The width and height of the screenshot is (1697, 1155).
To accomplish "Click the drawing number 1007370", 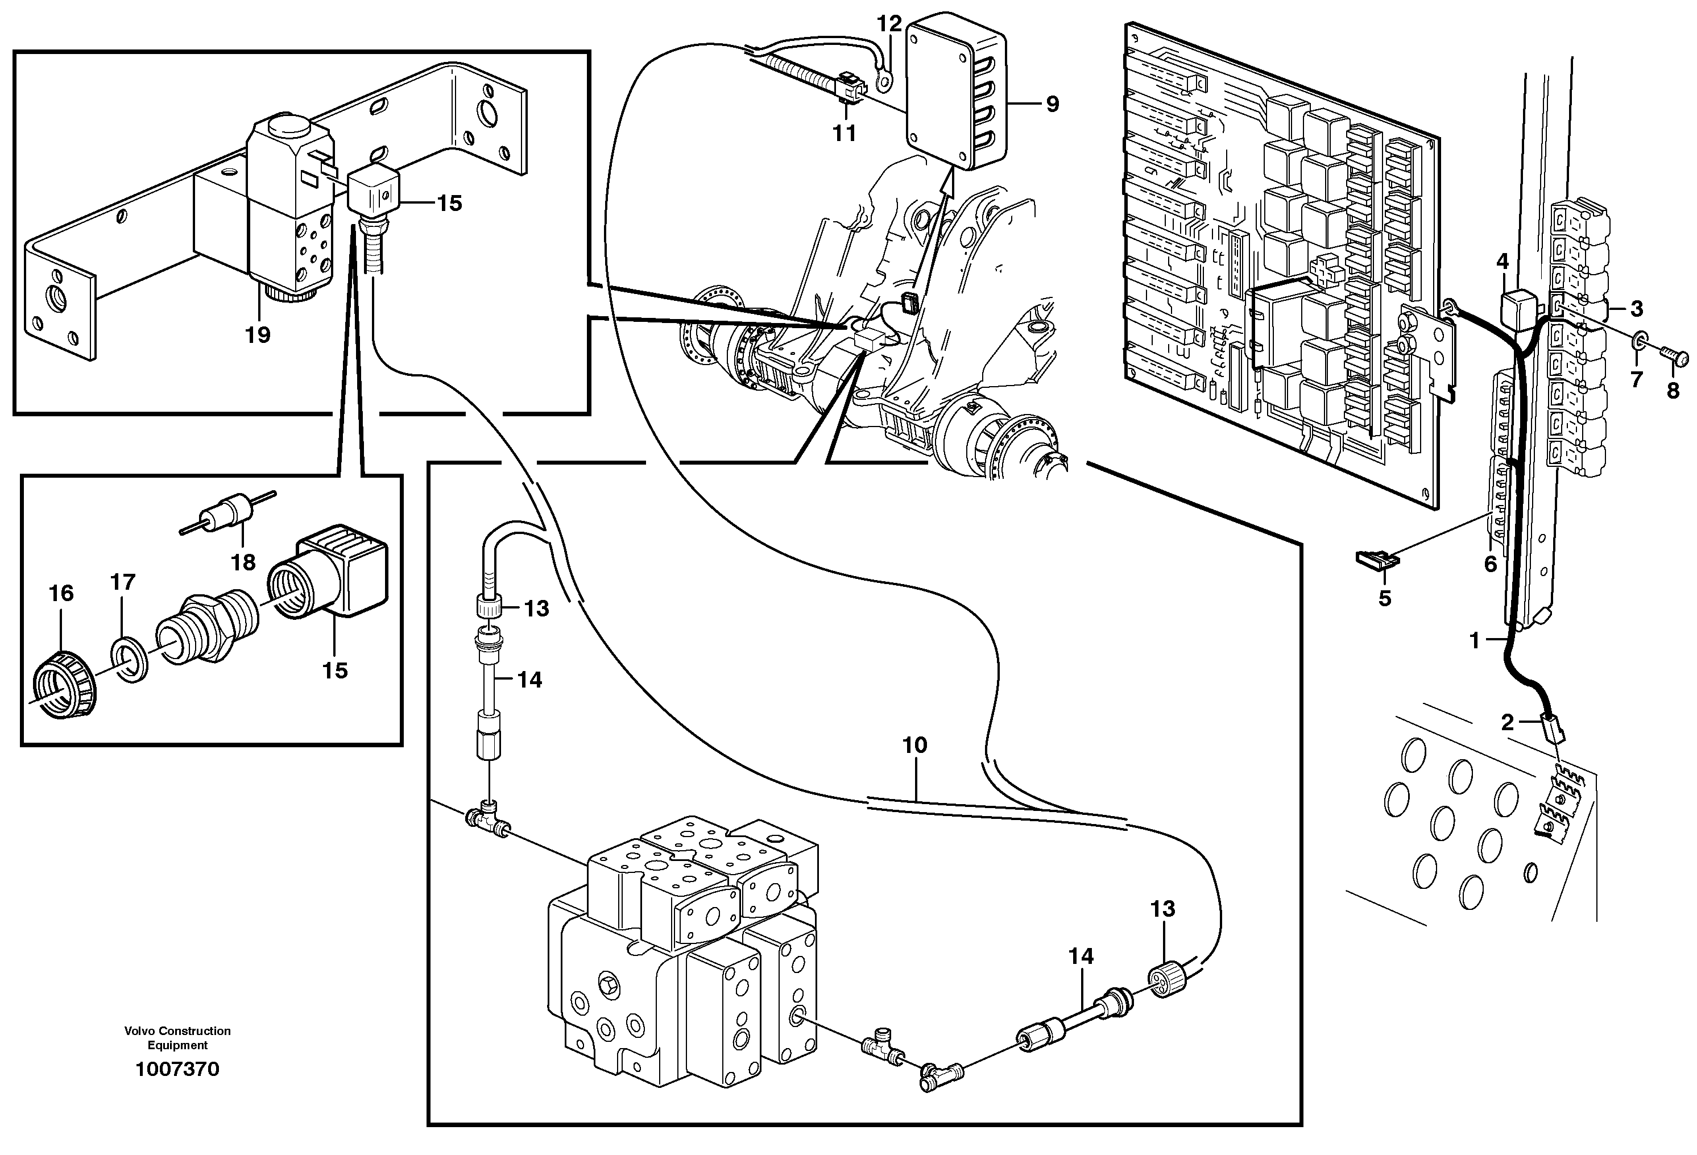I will (x=177, y=1070).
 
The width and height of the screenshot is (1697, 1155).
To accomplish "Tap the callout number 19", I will (x=257, y=335).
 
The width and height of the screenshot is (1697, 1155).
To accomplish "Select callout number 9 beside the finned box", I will (x=1052, y=105).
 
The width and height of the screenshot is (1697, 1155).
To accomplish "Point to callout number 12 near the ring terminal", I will (x=889, y=23).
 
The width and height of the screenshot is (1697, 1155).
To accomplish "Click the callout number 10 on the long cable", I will (x=914, y=746).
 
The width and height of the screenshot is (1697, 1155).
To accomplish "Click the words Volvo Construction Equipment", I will (x=177, y=1037).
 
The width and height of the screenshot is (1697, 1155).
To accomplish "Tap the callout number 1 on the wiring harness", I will (x=1474, y=641).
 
